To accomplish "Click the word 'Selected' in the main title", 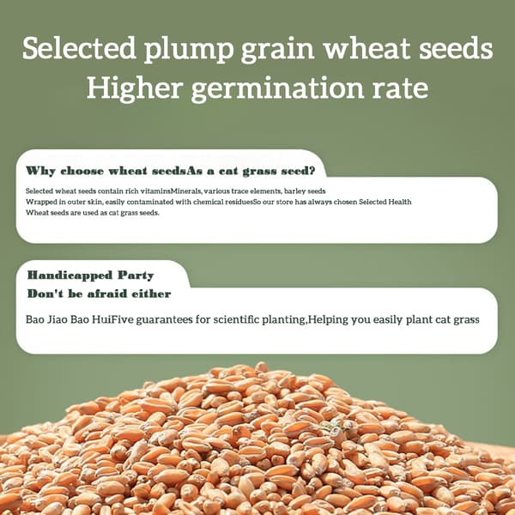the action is pyautogui.click(x=79, y=48).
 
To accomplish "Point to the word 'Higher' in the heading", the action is pyautogui.click(x=135, y=89).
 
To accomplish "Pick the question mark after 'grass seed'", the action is pyautogui.click(x=312, y=171).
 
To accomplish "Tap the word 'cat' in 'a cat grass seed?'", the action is pyautogui.click(x=228, y=171).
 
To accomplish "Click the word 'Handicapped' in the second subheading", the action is pyautogui.click(x=70, y=276).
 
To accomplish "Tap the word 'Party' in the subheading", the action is pyautogui.click(x=136, y=276).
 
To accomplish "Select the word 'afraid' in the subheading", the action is pyautogui.click(x=107, y=294).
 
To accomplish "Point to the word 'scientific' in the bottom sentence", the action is pyautogui.click(x=237, y=319).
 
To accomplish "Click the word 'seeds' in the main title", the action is pyautogui.click(x=456, y=48).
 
